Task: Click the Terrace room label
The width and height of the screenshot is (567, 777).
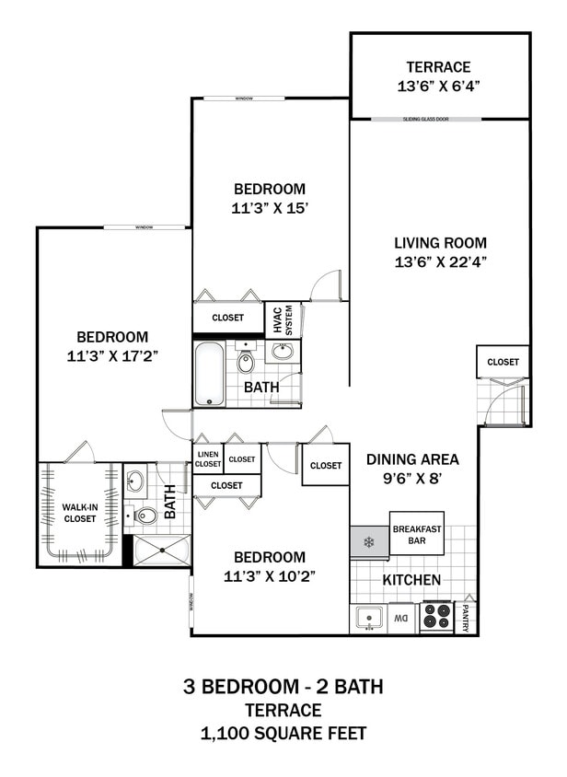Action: point(439,66)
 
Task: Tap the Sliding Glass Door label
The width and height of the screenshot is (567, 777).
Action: point(440,119)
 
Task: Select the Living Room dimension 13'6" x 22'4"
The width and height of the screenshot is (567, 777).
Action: point(440,261)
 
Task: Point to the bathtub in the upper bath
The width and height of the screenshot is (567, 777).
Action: point(210,373)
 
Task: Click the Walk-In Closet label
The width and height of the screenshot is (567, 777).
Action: point(79,513)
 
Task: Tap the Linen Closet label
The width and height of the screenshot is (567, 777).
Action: point(207,458)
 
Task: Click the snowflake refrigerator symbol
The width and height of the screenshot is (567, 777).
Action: point(369,541)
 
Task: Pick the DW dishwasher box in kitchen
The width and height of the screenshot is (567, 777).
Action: point(401,619)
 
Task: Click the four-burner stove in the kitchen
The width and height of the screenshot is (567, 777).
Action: point(436,617)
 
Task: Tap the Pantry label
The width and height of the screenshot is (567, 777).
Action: point(467,617)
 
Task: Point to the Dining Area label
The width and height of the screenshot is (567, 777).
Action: point(412,459)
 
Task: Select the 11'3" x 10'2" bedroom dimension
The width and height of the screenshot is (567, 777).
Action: point(269,576)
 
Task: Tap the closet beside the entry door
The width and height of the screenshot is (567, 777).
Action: point(503,362)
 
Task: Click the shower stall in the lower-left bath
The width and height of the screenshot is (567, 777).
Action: point(162,550)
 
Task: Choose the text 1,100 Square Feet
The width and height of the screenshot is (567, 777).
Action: point(283,734)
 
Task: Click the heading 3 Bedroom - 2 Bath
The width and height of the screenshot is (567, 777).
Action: point(283,686)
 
